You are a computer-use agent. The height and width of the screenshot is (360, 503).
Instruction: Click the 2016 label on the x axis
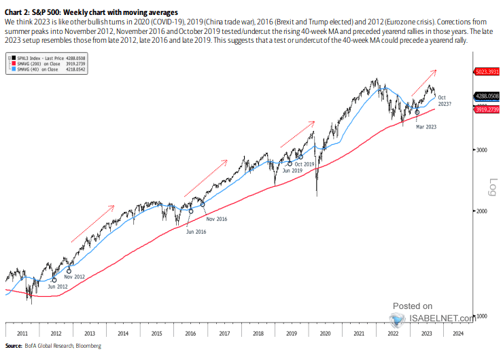190,334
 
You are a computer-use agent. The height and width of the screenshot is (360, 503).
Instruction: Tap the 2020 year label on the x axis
324,334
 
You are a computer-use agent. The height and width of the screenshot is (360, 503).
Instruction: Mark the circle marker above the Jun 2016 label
191,211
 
